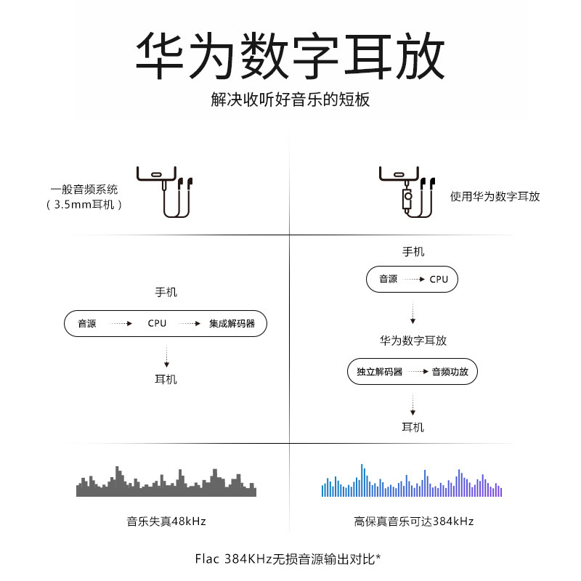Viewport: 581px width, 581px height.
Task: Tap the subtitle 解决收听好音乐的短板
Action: click(290, 99)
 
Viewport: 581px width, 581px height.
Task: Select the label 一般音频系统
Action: click(84, 189)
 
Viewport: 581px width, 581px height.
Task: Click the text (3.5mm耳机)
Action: click(84, 205)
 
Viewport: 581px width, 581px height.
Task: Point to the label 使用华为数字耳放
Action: click(495, 196)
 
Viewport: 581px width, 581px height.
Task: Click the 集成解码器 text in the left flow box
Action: click(232, 323)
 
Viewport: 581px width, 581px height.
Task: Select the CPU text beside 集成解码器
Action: click(157, 323)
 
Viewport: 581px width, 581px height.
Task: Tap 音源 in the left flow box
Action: click(87, 323)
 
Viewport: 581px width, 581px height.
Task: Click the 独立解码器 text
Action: click(379, 372)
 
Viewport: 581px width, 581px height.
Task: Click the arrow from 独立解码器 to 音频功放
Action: click(416, 372)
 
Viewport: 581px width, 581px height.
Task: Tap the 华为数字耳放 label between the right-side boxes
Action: click(413, 340)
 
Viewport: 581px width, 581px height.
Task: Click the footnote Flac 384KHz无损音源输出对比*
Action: click(288, 558)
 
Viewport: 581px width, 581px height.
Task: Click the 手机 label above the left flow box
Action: click(166, 293)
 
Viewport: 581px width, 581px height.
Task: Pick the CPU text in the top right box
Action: click(439, 279)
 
